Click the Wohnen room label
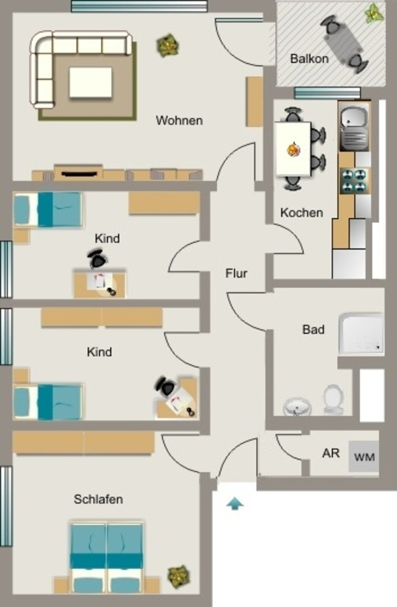point(179,120)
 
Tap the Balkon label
point(309,59)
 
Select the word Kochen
point(301,213)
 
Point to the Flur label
point(236,273)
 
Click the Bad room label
point(313,330)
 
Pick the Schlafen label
point(99,499)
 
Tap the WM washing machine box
point(364,456)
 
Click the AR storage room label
point(331,453)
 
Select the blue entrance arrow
point(234,504)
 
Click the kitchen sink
point(354,128)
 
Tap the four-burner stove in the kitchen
point(354,181)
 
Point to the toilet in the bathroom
point(334,399)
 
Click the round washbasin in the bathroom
point(297,407)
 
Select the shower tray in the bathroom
point(361,334)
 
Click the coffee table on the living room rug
point(91,82)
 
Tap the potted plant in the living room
point(168,46)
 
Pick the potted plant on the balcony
point(374,13)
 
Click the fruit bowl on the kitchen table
point(293,149)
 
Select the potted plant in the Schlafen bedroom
point(179,576)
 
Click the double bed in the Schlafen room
point(106,557)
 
